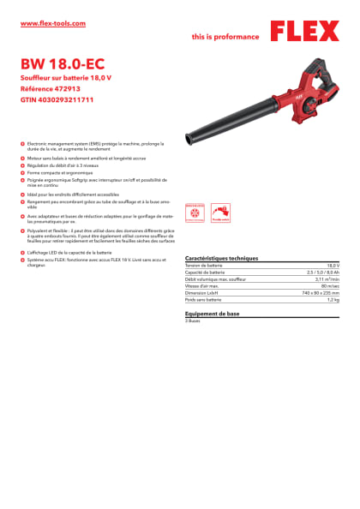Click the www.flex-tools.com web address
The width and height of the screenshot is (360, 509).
click(x=52, y=23)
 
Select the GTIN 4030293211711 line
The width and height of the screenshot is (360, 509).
click(x=57, y=100)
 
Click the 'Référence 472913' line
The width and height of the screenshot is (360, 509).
click(x=54, y=89)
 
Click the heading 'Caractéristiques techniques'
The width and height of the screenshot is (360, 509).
click(x=221, y=258)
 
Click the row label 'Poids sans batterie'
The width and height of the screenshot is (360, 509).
click(x=203, y=300)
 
